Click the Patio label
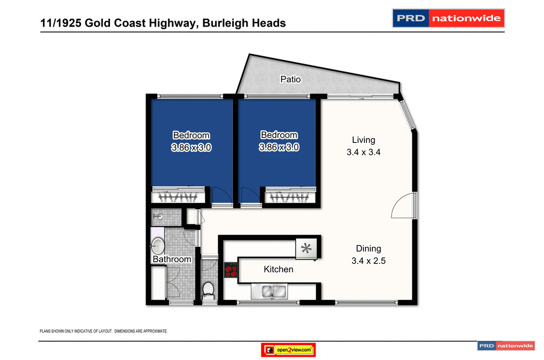(291, 80)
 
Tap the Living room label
(363, 140)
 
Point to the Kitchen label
(278, 270)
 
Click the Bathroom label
(172, 260)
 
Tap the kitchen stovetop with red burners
(231, 270)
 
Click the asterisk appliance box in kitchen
(306, 248)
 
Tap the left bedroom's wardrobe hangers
(178, 197)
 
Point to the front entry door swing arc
(404, 205)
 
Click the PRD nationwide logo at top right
(448, 18)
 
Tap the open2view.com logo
(289, 350)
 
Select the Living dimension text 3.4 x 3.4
(363, 152)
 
